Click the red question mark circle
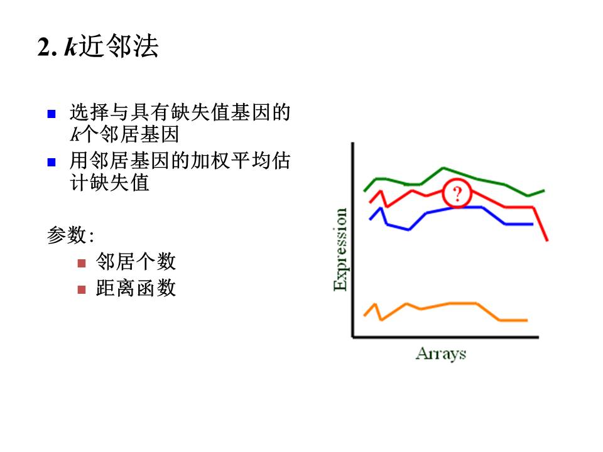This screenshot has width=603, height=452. click(457, 193)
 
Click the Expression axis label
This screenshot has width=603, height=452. click(340, 249)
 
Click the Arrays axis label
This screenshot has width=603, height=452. click(441, 353)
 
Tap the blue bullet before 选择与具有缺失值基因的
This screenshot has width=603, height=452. click(52, 114)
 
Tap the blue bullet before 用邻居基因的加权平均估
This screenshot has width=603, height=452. click(52, 162)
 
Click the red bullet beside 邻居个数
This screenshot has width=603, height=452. click(82, 263)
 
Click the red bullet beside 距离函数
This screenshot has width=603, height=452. click(82, 289)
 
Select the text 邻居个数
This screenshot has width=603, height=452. click(136, 262)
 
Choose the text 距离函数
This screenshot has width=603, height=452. click(136, 288)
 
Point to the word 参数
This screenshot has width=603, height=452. click(67, 235)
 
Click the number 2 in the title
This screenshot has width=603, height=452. click(43, 47)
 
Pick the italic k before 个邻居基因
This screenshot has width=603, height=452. click(75, 134)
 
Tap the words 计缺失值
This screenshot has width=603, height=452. click(109, 182)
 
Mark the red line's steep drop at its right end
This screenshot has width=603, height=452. click(540, 223)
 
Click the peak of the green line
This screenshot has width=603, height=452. click(443, 168)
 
